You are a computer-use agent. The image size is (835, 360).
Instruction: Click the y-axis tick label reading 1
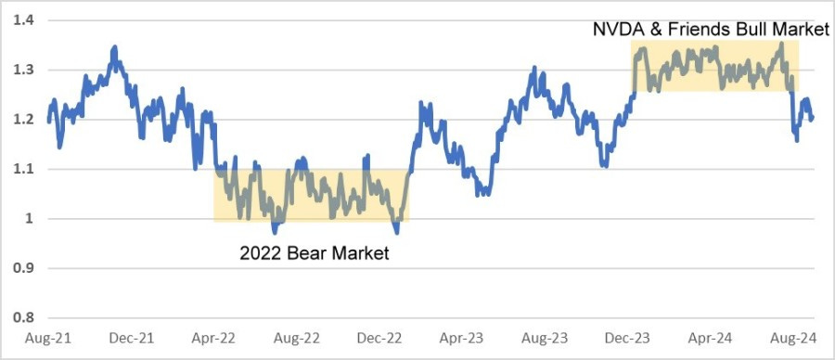(x=27, y=220)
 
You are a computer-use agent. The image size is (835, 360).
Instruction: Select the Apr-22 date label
(x=213, y=340)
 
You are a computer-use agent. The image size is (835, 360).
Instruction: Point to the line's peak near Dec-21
(x=114, y=45)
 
